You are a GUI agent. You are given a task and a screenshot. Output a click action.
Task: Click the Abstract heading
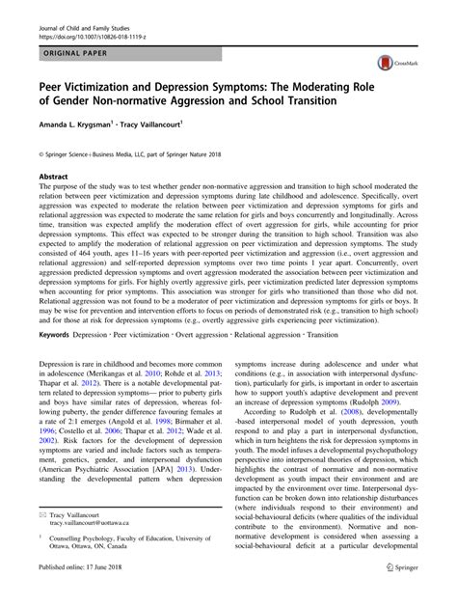pyautogui.click(x=53, y=178)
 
